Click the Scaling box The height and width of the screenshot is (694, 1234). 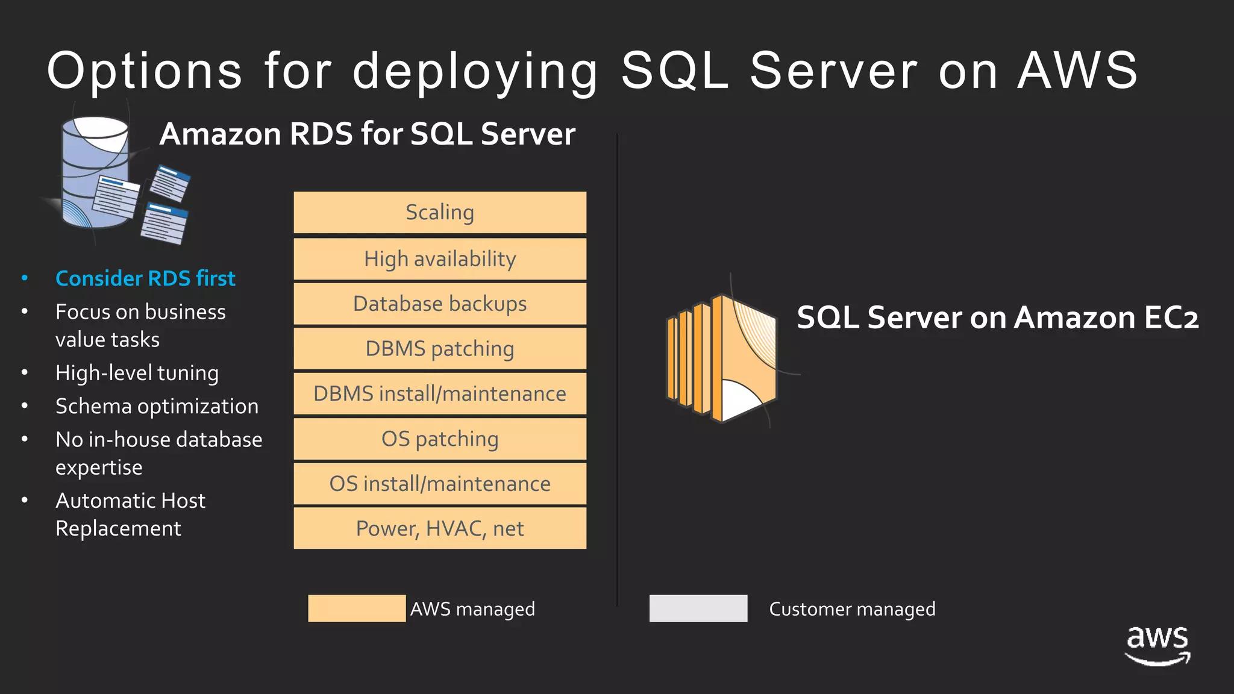click(440, 213)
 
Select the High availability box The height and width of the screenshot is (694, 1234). click(440, 259)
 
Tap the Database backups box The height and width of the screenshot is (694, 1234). click(440, 304)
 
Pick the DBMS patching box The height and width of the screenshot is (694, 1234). click(440, 349)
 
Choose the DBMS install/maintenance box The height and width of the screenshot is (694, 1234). click(440, 394)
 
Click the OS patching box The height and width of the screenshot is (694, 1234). click(440, 439)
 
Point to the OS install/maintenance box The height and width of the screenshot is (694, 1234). click(440, 484)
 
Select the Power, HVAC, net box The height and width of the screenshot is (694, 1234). click(440, 528)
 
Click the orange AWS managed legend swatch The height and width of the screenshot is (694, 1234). click(357, 608)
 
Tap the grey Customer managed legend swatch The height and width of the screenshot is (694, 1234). click(698, 608)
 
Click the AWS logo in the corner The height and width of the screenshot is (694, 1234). click(1157, 645)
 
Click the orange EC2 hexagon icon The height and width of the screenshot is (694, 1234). click(722, 358)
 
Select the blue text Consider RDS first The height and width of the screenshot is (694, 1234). click(145, 278)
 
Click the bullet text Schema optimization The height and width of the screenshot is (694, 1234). click(157, 407)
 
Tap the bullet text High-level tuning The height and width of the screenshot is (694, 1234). click(137, 374)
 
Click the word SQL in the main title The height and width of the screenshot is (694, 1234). click(675, 70)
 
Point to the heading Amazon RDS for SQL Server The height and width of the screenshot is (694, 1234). click(367, 134)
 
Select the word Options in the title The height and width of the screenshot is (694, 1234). click(145, 70)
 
